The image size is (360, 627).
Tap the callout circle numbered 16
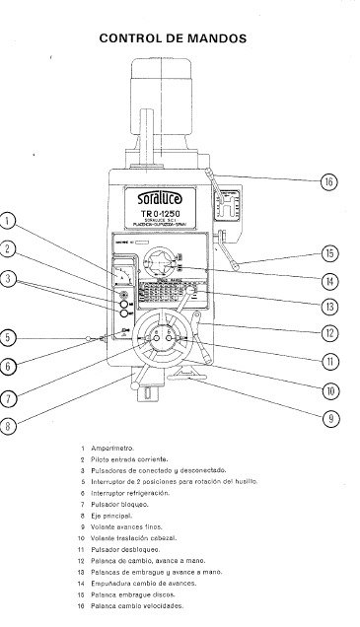pyautogui.click(x=329, y=180)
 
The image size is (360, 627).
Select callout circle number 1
pyautogui.click(x=9, y=221)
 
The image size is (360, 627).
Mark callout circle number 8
pyautogui.click(x=9, y=426)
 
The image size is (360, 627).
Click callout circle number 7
pyautogui.click(x=9, y=398)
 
